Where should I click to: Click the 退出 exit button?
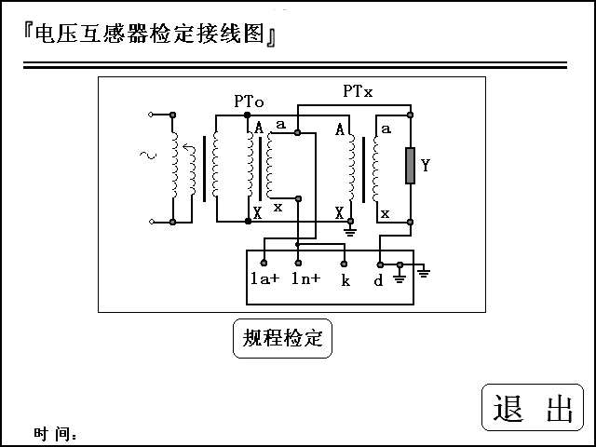532,407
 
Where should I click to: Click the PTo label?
250,100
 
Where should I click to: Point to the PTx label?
358,90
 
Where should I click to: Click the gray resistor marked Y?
410,165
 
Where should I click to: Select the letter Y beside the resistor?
426,166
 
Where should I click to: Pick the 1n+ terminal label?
305,278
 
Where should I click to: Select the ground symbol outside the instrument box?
424,272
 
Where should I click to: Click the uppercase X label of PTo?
257,212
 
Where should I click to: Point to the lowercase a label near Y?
386,127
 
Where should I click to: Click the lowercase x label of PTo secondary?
278,207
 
